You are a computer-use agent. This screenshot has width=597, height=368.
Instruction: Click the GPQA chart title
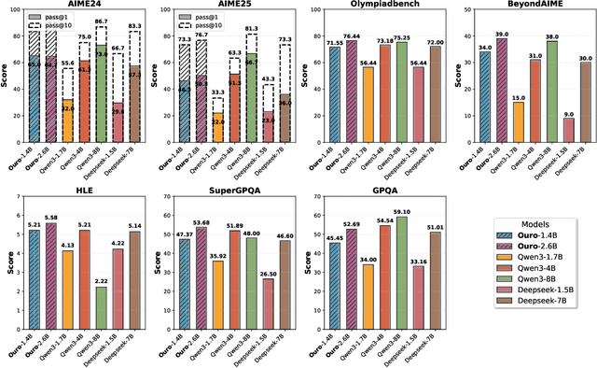click(x=379, y=192)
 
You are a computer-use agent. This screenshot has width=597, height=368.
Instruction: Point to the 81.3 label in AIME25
click(x=250, y=28)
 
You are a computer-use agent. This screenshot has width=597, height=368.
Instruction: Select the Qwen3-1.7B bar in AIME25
click(x=217, y=127)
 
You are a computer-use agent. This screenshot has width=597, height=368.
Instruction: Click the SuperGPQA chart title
click(x=229, y=192)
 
